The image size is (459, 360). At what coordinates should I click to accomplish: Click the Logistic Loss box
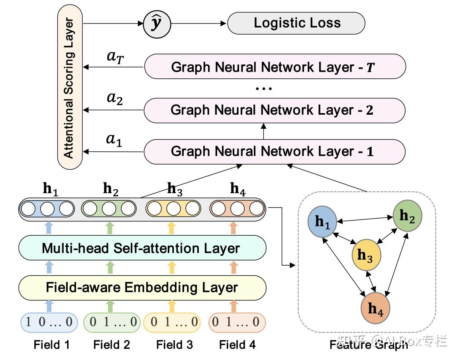296,23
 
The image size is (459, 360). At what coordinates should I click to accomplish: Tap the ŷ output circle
157,24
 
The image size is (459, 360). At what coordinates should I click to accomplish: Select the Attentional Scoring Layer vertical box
70,88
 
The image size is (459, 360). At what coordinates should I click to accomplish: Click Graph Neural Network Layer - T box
275,67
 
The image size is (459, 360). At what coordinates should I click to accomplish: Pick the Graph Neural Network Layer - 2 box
275,110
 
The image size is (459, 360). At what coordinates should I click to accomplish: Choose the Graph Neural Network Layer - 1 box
275,152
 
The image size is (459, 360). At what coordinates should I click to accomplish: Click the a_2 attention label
114,99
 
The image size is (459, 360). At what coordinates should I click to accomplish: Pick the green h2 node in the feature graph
407,216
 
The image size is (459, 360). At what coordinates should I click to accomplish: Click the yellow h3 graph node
366,255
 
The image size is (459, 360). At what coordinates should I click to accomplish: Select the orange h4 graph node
375,308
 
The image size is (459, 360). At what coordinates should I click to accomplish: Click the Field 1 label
52,344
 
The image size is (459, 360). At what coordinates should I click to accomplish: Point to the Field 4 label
237,344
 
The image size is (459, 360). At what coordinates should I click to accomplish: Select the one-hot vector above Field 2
112,322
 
